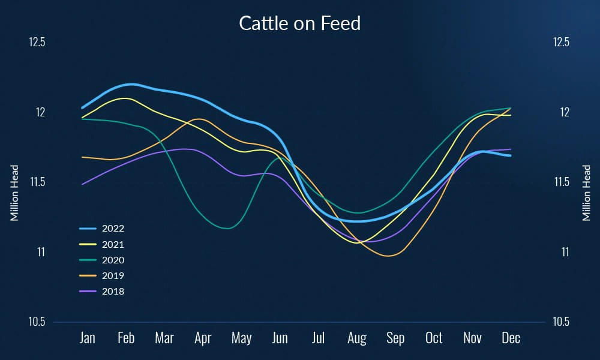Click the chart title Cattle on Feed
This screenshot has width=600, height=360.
300,23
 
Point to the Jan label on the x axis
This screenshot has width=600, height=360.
88,338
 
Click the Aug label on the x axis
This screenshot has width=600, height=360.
357,338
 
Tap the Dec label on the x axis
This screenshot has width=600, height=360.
511,338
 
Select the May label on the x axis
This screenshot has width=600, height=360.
241,338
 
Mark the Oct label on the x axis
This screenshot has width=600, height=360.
434,338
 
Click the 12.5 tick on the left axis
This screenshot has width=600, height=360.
37,43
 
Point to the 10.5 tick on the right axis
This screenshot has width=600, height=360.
560,322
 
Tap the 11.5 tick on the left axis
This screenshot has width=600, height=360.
37,182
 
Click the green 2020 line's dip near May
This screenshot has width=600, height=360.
227,228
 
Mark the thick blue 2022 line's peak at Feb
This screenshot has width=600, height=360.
131,84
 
